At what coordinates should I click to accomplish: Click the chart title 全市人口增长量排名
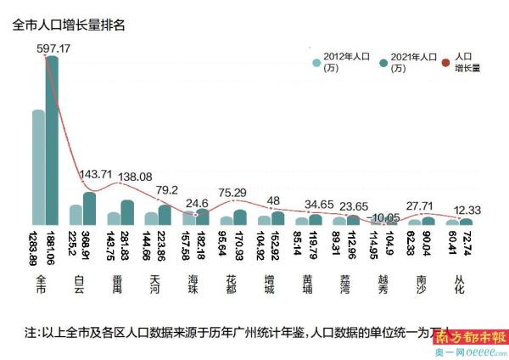(70, 25)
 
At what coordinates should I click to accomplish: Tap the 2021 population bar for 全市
(52, 140)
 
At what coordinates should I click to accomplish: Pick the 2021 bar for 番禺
(126, 212)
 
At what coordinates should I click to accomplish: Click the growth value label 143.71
(96, 174)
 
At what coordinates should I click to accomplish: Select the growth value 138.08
(135, 177)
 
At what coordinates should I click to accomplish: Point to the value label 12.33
(466, 210)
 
